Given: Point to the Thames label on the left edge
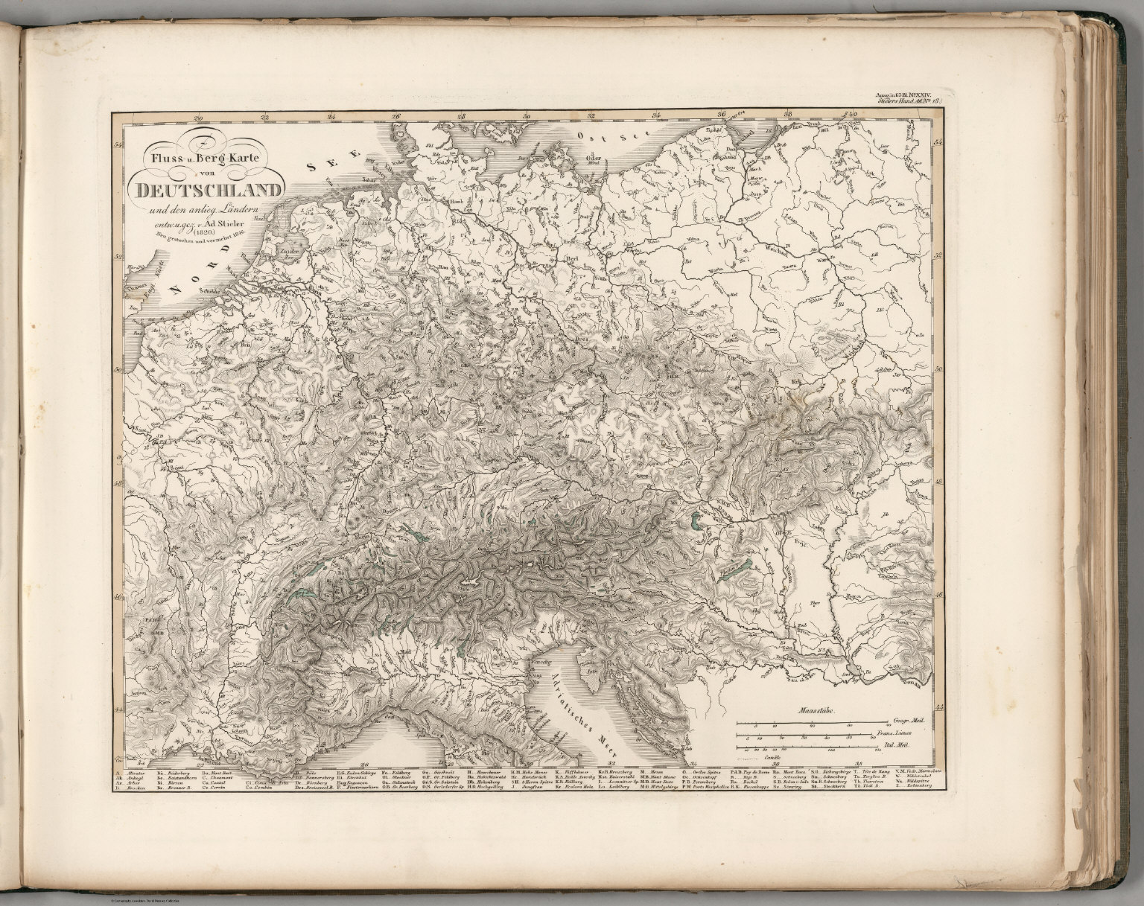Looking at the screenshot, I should (137, 284).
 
